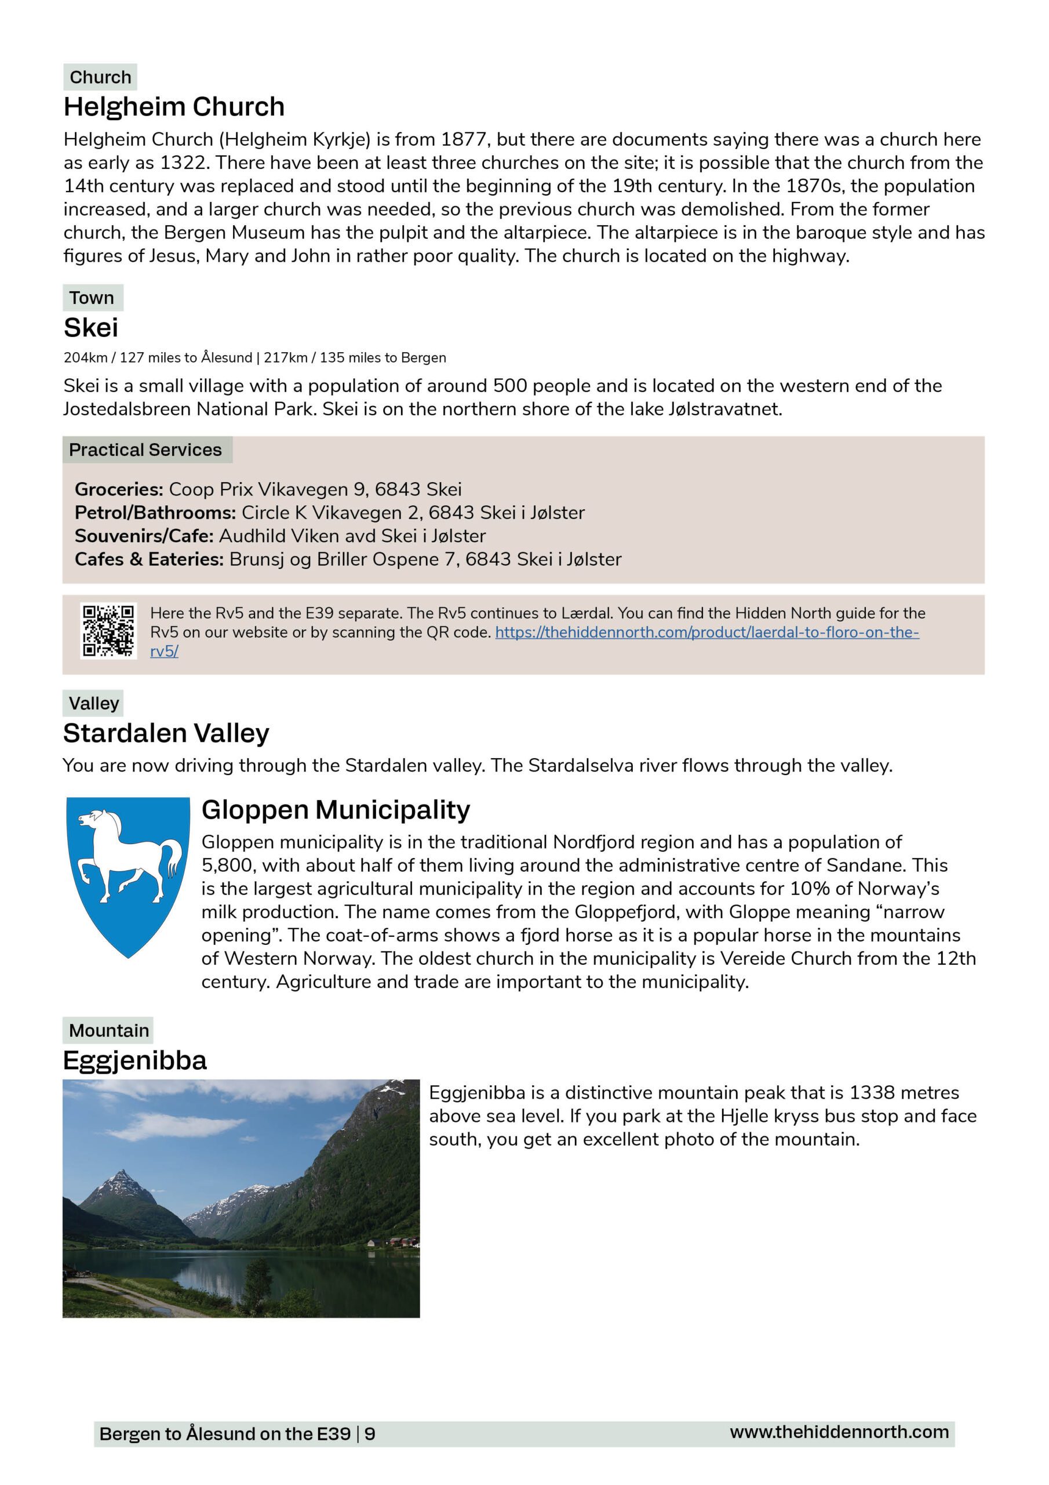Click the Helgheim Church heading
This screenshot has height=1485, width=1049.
[174, 107]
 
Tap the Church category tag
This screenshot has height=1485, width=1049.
[100, 77]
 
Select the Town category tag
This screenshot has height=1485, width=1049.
[92, 298]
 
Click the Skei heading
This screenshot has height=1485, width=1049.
[90, 328]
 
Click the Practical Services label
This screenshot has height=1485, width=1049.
[145, 450]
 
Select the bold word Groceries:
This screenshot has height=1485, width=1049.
[119, 489]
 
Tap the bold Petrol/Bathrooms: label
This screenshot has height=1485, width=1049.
[155, 512]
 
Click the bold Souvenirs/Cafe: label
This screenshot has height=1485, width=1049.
[144, 535]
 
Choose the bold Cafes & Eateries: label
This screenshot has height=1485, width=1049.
[150, 559]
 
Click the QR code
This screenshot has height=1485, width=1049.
[108, 631]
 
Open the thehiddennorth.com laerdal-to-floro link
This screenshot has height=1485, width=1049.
[706, 632]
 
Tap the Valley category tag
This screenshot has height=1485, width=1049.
[94, 703]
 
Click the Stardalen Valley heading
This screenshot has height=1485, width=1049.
[166, 733]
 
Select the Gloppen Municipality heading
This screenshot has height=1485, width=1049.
[336, 809]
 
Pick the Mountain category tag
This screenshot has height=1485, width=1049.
[108, 1030]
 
